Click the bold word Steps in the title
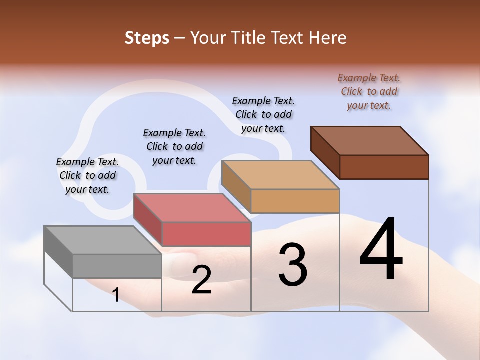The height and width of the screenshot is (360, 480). [x=147, y=38]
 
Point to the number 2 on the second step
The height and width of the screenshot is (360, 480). [x=201, y=280]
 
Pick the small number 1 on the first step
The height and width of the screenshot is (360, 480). [x=116, y=295]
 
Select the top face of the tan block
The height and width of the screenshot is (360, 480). [x=280, y=175]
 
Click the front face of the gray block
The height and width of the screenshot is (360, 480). [x=117, y=266]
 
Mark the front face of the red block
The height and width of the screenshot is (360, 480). [x=206, y=234]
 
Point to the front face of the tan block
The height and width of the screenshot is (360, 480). [x=295, y=201]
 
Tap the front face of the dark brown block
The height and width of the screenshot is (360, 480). [x=384, y=167]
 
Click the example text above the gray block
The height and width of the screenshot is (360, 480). [x=87, y=175]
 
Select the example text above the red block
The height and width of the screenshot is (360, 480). [x=174, y=146]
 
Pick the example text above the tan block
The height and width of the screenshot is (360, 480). [x=263, y=114]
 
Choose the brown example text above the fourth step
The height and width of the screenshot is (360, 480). [x=369, y=91]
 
